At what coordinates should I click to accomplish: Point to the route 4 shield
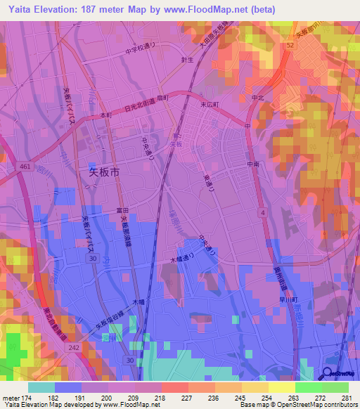[261, 212]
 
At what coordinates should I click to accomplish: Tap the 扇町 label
[162, 98]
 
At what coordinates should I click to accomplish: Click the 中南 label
[253, 164]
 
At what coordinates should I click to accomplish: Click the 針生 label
[186, 61]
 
